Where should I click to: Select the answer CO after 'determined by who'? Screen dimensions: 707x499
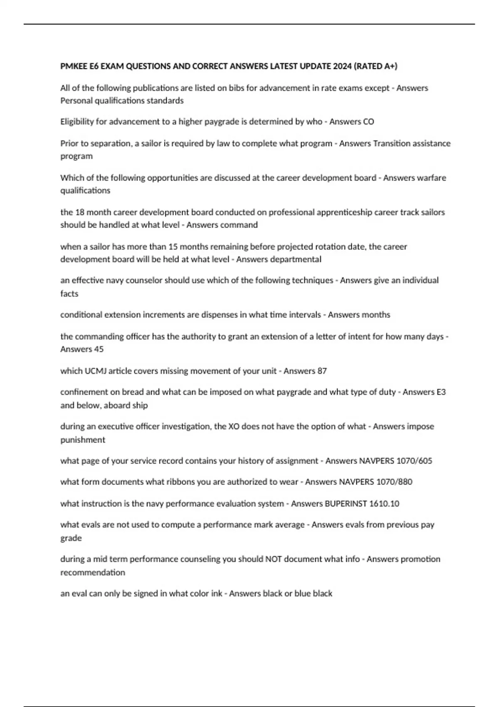368,121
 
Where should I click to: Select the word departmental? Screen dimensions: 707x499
296,260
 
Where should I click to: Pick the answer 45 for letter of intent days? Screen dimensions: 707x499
99,349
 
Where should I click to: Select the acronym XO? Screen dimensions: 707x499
234,426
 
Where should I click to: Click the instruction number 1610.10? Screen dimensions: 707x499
385,504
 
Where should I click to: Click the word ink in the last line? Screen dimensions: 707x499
217,593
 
